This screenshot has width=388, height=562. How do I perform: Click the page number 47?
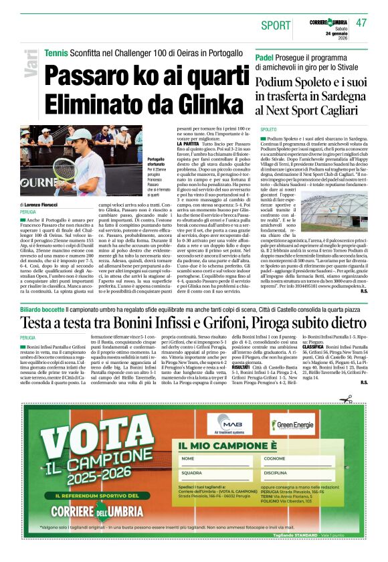361,23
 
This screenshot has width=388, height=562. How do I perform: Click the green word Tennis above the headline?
56,52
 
